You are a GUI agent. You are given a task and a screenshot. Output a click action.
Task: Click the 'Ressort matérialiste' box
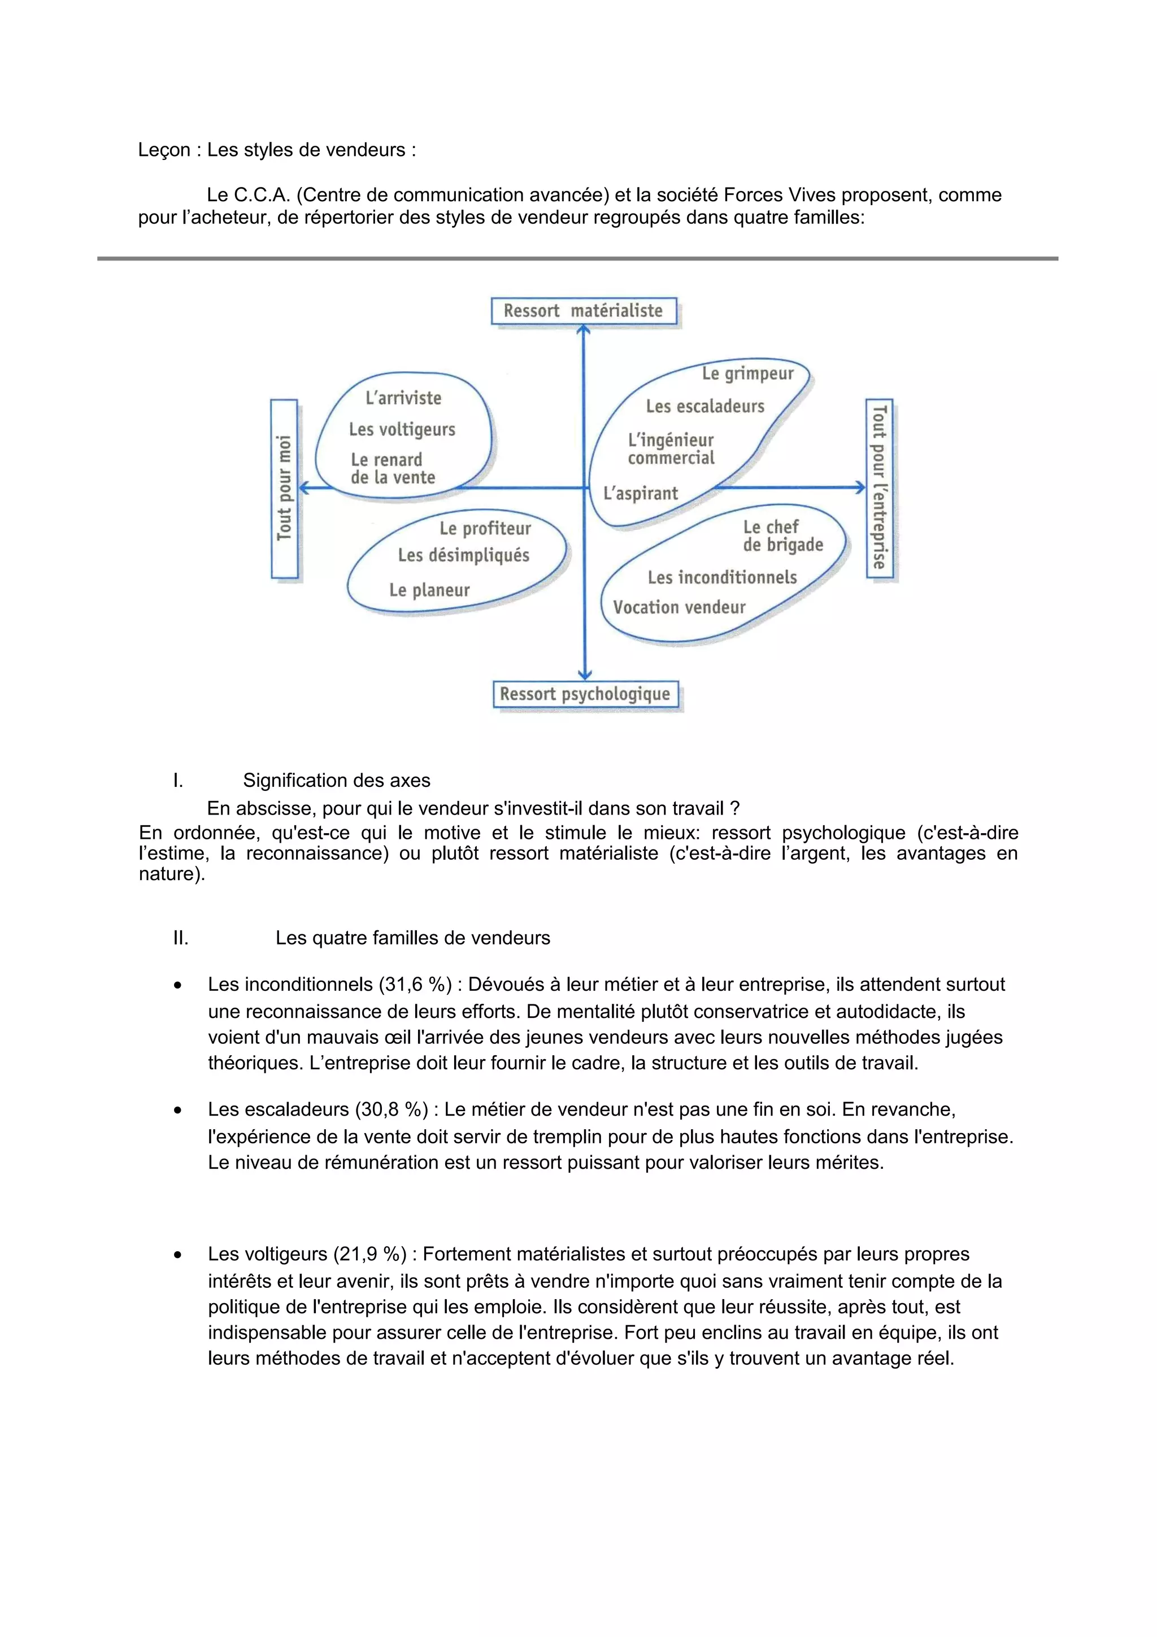point(583,311)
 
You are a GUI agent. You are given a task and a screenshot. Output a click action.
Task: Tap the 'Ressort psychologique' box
point(585,694)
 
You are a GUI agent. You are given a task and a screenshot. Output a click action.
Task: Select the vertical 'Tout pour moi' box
point(284,489)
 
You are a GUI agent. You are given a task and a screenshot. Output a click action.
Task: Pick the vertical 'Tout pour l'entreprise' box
point(879,489)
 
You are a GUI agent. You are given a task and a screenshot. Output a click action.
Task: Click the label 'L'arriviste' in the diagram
point(403,398)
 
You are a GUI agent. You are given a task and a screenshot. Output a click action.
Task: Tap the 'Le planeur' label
point(429,590)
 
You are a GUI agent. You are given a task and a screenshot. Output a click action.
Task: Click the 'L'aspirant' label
point(640,493)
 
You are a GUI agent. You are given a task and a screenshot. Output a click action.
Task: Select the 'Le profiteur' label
point(485,528)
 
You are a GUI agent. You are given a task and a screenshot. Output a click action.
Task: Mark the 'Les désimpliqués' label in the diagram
point(463,555)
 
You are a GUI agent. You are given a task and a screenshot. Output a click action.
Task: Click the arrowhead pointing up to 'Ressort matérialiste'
point(584,329)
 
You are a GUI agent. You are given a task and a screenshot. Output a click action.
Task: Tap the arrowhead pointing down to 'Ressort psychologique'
point(585,674)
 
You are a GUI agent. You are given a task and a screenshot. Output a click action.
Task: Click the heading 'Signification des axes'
point(337,780)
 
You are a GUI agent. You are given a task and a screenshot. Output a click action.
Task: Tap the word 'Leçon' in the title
point(164,150)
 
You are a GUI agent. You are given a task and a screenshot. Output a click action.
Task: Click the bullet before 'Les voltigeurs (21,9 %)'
point(177,1255)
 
